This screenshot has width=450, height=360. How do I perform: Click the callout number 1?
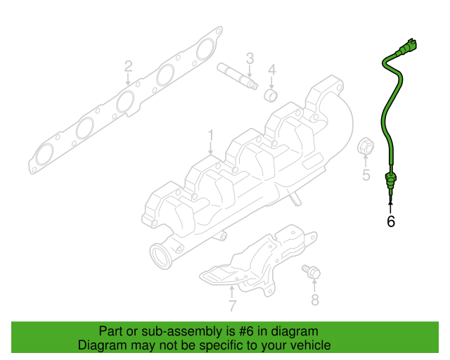(x=210, y=134)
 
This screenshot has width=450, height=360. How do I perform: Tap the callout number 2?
(x=128, y=66)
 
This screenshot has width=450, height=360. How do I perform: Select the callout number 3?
(x=249, y=57)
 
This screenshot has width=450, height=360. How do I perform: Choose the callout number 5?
(x=366, y=175)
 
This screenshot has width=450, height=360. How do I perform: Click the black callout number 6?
(x=391, y=221)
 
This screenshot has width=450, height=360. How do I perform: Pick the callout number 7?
(x=232, y=305)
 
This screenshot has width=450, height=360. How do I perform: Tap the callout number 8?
(x=314, y=300)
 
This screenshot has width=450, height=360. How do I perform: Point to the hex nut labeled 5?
(x=366, y=147)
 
